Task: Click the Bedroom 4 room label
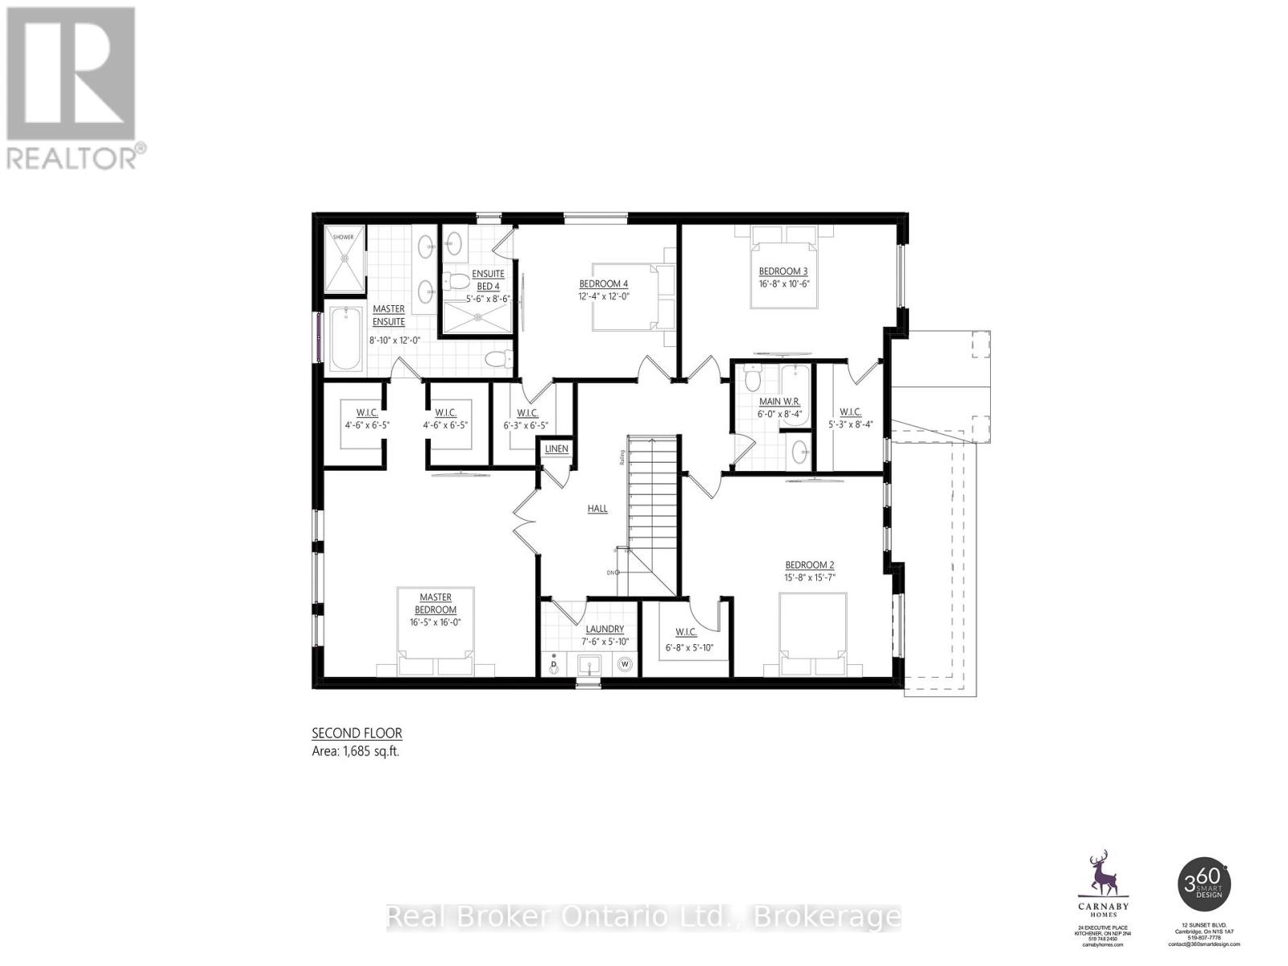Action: point(603,283)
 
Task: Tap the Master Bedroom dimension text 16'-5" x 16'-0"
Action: point(435,621)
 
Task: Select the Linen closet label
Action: point(556,448)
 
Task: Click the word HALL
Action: point(597,509)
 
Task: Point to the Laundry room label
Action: point(605,629)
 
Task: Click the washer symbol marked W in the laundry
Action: point(625,664)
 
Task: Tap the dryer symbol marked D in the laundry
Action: point(553,665)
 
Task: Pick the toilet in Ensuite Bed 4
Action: point(458,283)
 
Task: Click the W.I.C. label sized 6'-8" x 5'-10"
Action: point(686,633)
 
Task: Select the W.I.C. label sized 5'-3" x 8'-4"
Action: point(850,411)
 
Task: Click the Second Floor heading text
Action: point(357,733)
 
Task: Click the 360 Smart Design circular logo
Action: point(1204,883)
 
